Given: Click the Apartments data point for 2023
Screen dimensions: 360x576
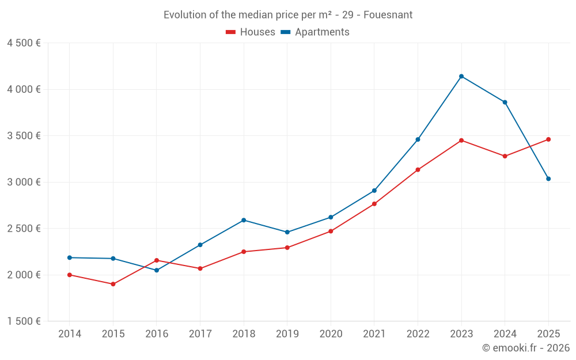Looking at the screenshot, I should pyautogui.click(x=461, y=76).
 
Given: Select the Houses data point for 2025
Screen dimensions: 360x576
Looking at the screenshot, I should pyautogui.click(x=548, y=139).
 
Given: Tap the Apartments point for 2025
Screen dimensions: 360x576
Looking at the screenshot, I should pyautogui.click(x=548, y=179).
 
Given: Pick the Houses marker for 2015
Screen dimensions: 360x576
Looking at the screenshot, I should pyautogui.click(x=113, y=284).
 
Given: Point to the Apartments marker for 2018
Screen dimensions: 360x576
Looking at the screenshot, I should pyautogui.click(x=244, y=220).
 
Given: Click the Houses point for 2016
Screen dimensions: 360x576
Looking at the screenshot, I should pyautogui.click(x=157, y=260).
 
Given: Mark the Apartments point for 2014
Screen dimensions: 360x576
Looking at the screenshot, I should pyautogui.click(x=70, y=257).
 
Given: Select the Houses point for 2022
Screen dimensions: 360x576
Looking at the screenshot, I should pyautogui.click(x=418, y=170).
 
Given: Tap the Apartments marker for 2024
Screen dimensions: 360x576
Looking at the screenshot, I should pyautogui.click(x=505, y=102).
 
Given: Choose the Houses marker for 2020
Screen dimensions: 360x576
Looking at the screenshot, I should pyautogui.click(x=331, y=231).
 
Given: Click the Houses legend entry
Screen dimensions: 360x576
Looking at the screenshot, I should pyautogui.click(x=251, y=32).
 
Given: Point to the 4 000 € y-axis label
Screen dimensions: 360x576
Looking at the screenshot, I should pyautogui.click(x=24, y=89).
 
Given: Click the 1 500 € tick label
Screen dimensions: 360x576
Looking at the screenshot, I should pyautogui.click(x=24, y=321).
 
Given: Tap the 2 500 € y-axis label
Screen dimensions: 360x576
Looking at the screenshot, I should pyautogui.click(x=24, y=229).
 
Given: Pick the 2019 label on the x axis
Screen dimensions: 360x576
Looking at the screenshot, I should pyautogui.click(x=287, y=334).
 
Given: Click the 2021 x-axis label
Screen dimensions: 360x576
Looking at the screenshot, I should pyautogui.click(x=374, y=334).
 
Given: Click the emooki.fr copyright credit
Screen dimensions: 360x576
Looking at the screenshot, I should pyautogui.click(x=526, y=348).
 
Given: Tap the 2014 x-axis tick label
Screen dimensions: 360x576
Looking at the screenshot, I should pyautogui.click(x=70, y=334).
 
